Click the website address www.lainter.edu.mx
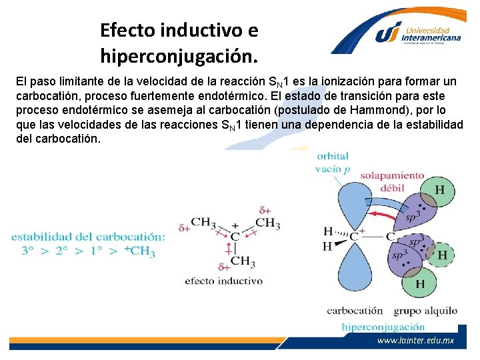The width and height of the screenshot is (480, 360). (x=415, y=340)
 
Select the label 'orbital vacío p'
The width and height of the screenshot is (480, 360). (x=332, y=163)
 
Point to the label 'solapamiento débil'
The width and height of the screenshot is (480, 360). (x=392, y=181)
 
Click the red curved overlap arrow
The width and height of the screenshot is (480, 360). (x=391, y=215)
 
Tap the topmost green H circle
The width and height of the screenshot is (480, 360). (x=440, y=190)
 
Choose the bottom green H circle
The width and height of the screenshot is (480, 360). (x=421, y=284)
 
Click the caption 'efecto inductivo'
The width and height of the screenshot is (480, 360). (x=223, y=281)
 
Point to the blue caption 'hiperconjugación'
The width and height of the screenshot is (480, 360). (x=383, y=327)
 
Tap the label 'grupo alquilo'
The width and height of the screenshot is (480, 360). (x=425, y=311)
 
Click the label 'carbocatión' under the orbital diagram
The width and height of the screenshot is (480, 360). (x=355, y=311)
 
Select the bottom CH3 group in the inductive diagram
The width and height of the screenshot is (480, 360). (x=243, y=261)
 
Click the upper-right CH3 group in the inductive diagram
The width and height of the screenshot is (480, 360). (x=267, y=223)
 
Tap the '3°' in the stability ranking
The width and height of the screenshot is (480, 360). (x=28, y=251)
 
